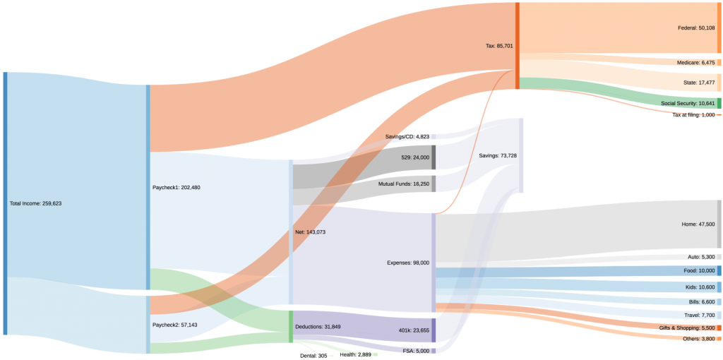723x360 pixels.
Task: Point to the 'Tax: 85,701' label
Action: pos(499,46)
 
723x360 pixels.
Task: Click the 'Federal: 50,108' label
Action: pos(696,28)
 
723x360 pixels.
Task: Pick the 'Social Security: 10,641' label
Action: pos(688,103)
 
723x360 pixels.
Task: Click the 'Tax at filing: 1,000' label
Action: pos(693,114)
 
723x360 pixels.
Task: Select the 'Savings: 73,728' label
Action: pos(498,155)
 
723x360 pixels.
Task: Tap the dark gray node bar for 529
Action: pos(434,157)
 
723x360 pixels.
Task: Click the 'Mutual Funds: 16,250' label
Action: pos(403,184)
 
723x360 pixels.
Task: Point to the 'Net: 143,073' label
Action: pos(311,232)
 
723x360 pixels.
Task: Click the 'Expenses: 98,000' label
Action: pos(408,263)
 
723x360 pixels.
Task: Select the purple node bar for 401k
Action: pos(434,330)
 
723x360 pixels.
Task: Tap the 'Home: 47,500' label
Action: pos(698,224)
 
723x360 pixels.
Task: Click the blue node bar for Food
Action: pos(719,270)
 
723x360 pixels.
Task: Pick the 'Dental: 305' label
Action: pos(313,356)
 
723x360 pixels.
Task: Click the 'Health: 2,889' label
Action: pos(355,354)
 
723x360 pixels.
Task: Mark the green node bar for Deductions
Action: pos(291,326)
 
